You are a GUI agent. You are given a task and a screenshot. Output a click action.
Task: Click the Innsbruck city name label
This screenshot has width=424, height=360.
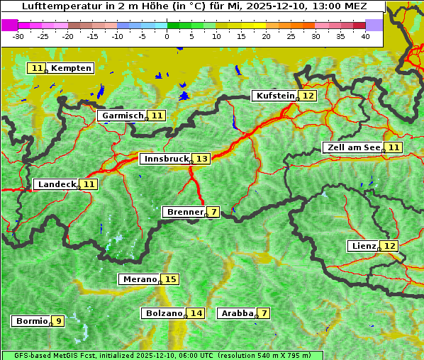click(165, 159)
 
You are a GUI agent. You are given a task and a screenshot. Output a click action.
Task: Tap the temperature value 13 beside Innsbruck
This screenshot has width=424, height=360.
click(202, 159)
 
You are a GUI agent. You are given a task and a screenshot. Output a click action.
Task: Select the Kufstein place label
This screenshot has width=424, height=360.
click(274, 96)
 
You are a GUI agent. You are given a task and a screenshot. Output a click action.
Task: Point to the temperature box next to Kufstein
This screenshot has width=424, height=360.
click(308, 96)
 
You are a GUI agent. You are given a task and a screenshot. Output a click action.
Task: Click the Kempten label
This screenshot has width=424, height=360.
click(71, 68)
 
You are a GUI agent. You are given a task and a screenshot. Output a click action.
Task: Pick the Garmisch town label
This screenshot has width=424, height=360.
click(122, 116)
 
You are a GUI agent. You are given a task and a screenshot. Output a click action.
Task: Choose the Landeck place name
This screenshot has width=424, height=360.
click(56, 184)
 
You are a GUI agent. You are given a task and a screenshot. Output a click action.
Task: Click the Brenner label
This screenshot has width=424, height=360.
click(184, 212)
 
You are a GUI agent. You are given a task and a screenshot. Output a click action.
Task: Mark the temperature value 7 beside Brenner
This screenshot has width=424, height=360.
click(213, 212)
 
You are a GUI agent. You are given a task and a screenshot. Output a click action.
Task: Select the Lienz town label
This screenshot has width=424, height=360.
click(362, 246)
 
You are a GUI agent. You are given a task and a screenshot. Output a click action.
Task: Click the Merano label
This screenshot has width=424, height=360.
click(138, 279)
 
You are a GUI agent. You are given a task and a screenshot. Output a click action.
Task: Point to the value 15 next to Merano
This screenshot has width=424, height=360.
click(170, 279)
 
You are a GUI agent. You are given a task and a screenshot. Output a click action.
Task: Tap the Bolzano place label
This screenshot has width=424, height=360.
click(163, 313)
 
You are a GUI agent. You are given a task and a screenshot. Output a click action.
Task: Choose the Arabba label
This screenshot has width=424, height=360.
click(236, 313)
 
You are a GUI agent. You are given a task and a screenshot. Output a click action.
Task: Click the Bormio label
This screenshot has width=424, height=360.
click(31, 321)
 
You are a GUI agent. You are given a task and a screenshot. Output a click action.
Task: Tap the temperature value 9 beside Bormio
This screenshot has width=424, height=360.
click(58, 321)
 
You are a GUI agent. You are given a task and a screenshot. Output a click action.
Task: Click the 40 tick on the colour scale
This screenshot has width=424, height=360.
click(365, 36)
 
